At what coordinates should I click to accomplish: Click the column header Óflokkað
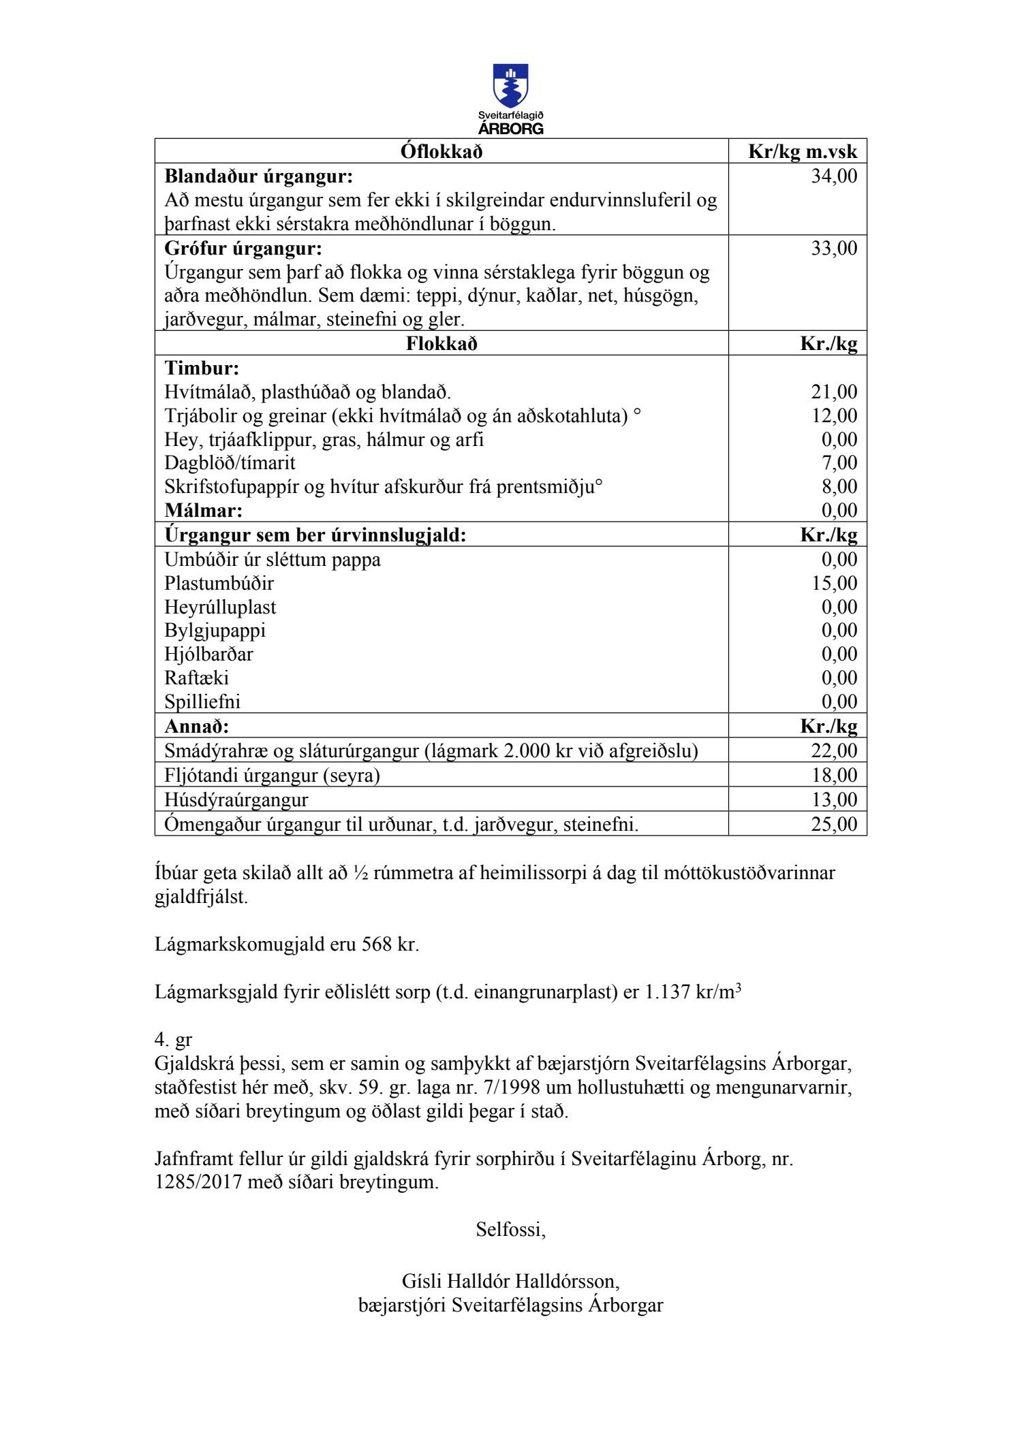(x=441, y=151)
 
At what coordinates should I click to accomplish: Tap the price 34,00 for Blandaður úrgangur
(x=834, y=176)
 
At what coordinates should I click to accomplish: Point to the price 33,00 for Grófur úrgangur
(x=834, y=249)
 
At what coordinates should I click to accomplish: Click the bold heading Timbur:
(x=202, y=368)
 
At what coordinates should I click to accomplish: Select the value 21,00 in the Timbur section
(x=834, y=392)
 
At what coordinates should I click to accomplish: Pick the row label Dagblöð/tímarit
(x=230, y=463)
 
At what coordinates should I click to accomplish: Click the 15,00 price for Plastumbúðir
(x=834, y=584)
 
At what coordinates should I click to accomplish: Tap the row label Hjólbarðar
(x=208, y=654)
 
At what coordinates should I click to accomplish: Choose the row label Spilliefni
(x=202, y=702)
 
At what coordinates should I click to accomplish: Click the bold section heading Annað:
(x=197, y=726)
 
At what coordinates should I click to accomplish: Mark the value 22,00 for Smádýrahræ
(x=834, y=751)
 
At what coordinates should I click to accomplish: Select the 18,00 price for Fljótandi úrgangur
(x=834, y=776)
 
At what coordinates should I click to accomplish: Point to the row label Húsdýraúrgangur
(x=236, y=799)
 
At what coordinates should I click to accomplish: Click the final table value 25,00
(x=834, y=824)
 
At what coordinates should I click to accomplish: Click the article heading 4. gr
(x=173, y=1040)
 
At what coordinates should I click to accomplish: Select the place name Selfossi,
(x=510, y=1230)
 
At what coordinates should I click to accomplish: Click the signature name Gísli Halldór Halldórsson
(x=510, y=1282)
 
